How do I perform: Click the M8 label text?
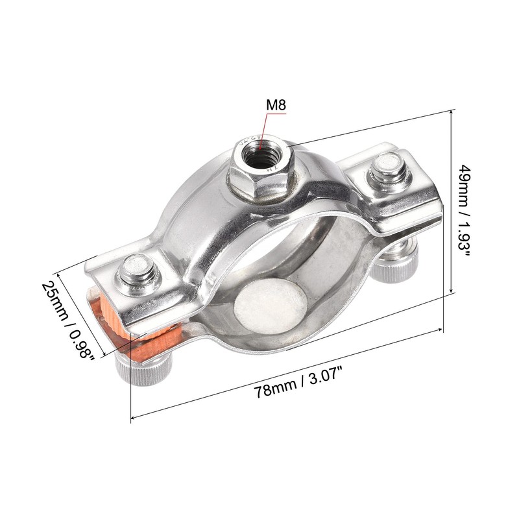coord(275,104)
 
